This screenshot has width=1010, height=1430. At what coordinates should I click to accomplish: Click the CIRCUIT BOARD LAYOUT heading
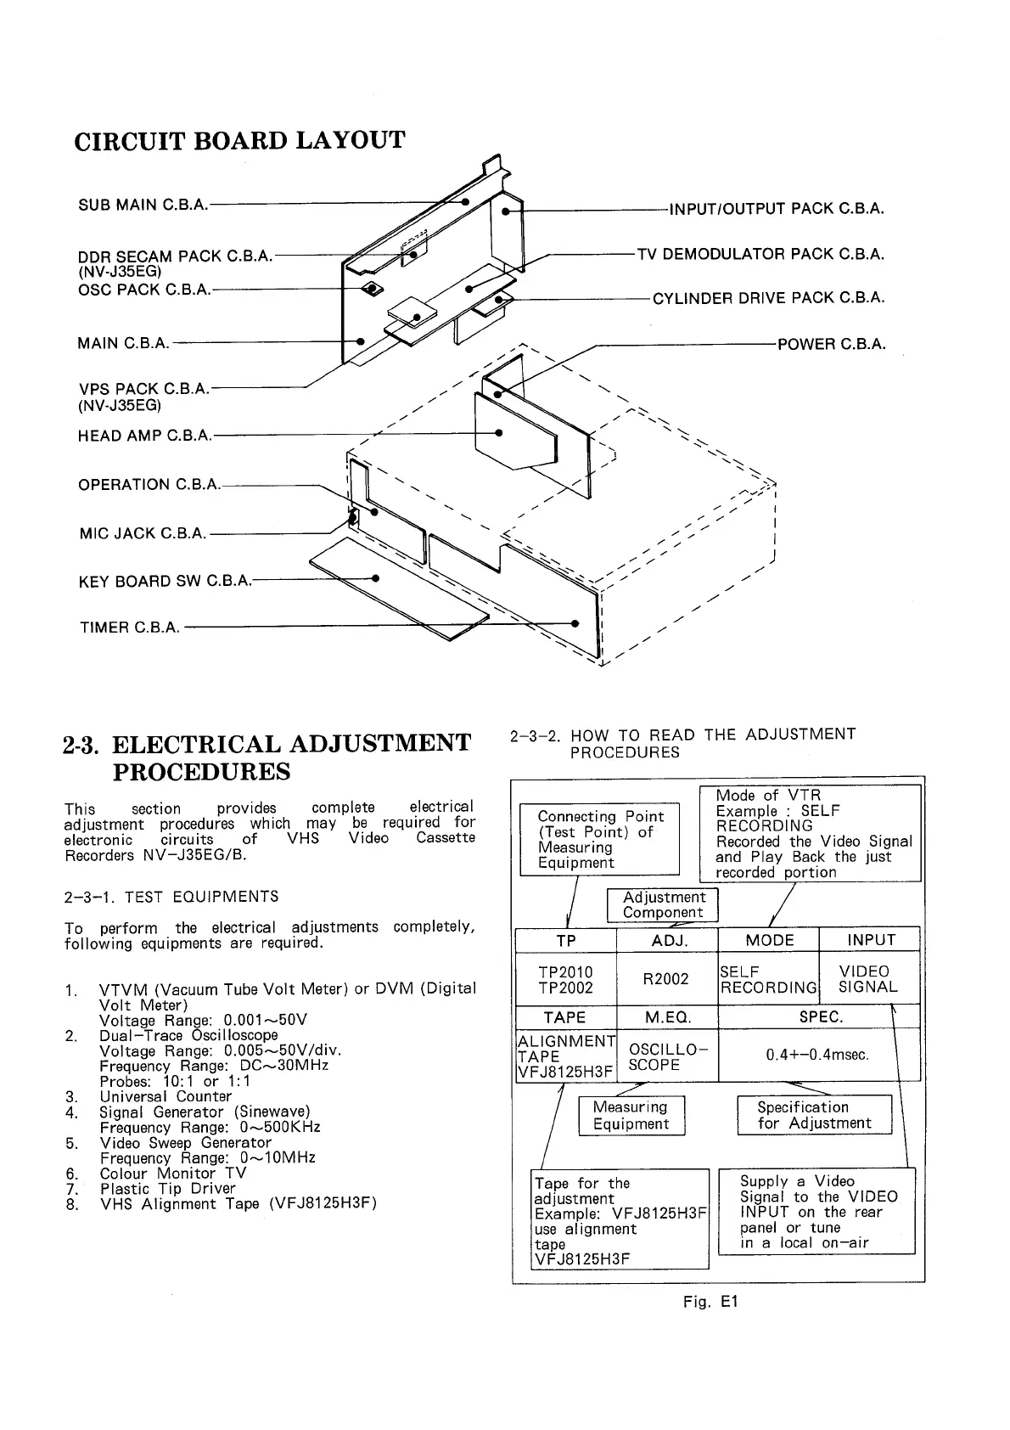(240, 140)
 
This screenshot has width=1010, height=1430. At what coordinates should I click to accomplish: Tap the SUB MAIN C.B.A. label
(143, 205)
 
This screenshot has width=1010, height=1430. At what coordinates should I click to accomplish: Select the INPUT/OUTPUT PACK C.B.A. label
(777, 209)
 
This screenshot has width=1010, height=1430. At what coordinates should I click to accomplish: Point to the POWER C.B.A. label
(831, 344)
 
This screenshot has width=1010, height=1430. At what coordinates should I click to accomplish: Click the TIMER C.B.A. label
(130, 628)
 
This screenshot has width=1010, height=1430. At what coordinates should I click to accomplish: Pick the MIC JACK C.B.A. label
(143, 533)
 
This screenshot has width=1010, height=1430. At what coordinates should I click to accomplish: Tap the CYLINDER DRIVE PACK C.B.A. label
(768, 298)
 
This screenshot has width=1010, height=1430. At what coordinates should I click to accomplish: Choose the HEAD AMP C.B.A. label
(144, 436)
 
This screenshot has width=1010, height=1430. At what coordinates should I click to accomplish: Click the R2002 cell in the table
(666, 979)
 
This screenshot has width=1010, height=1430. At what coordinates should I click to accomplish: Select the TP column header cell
(566, 940)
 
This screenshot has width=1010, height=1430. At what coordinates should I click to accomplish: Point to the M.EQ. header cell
(667, 1017)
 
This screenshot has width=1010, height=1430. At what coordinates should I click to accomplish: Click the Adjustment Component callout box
(663, 905)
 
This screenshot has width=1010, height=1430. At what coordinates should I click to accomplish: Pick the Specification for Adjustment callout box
(814, 1115)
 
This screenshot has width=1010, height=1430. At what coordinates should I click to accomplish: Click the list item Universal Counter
(166, 1096)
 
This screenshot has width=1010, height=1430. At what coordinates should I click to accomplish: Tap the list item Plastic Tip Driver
(167, 1188)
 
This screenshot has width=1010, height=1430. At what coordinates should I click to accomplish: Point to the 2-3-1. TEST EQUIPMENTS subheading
(171, 897)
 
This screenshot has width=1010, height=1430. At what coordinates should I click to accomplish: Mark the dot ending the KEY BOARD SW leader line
(375, 578)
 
